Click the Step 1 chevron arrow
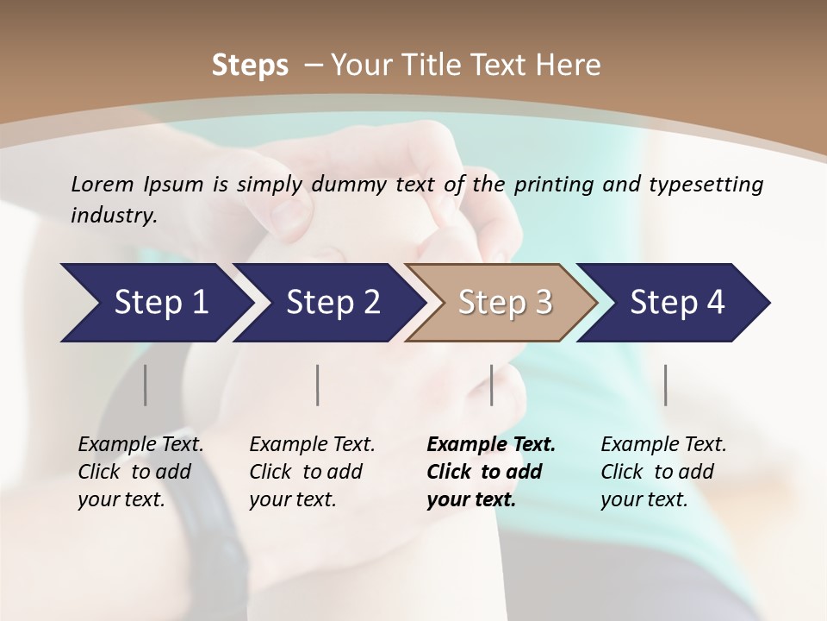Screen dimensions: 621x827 tap(155, 303)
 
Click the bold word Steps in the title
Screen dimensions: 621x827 tap(250, 66)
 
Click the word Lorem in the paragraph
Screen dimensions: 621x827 tap(103, 184)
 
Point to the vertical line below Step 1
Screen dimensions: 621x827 tap(145, 385)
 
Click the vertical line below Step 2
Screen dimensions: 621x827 tap(318, 385)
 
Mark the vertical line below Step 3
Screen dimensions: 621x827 tap(491, 385)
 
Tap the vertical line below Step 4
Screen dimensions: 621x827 tap(665, 385)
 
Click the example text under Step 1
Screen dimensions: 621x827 tap(140, 472)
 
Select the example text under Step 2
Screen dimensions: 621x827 tap(312, 472)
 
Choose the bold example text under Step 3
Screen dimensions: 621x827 tap(490, 472)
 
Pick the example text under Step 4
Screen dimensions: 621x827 tap(663, 472)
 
